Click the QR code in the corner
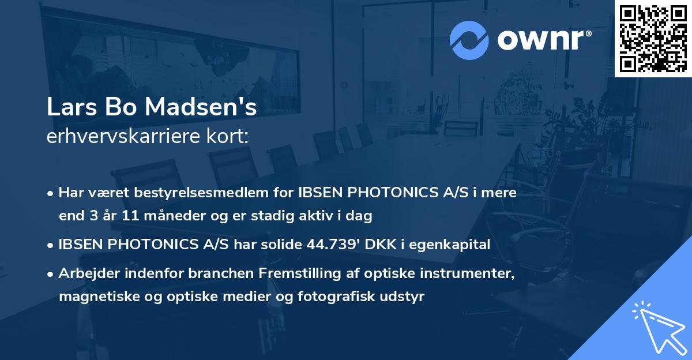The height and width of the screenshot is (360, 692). [653, 39]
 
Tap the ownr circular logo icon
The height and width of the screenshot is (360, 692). [469, 39]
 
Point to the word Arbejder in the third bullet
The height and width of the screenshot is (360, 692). [84, 273]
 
